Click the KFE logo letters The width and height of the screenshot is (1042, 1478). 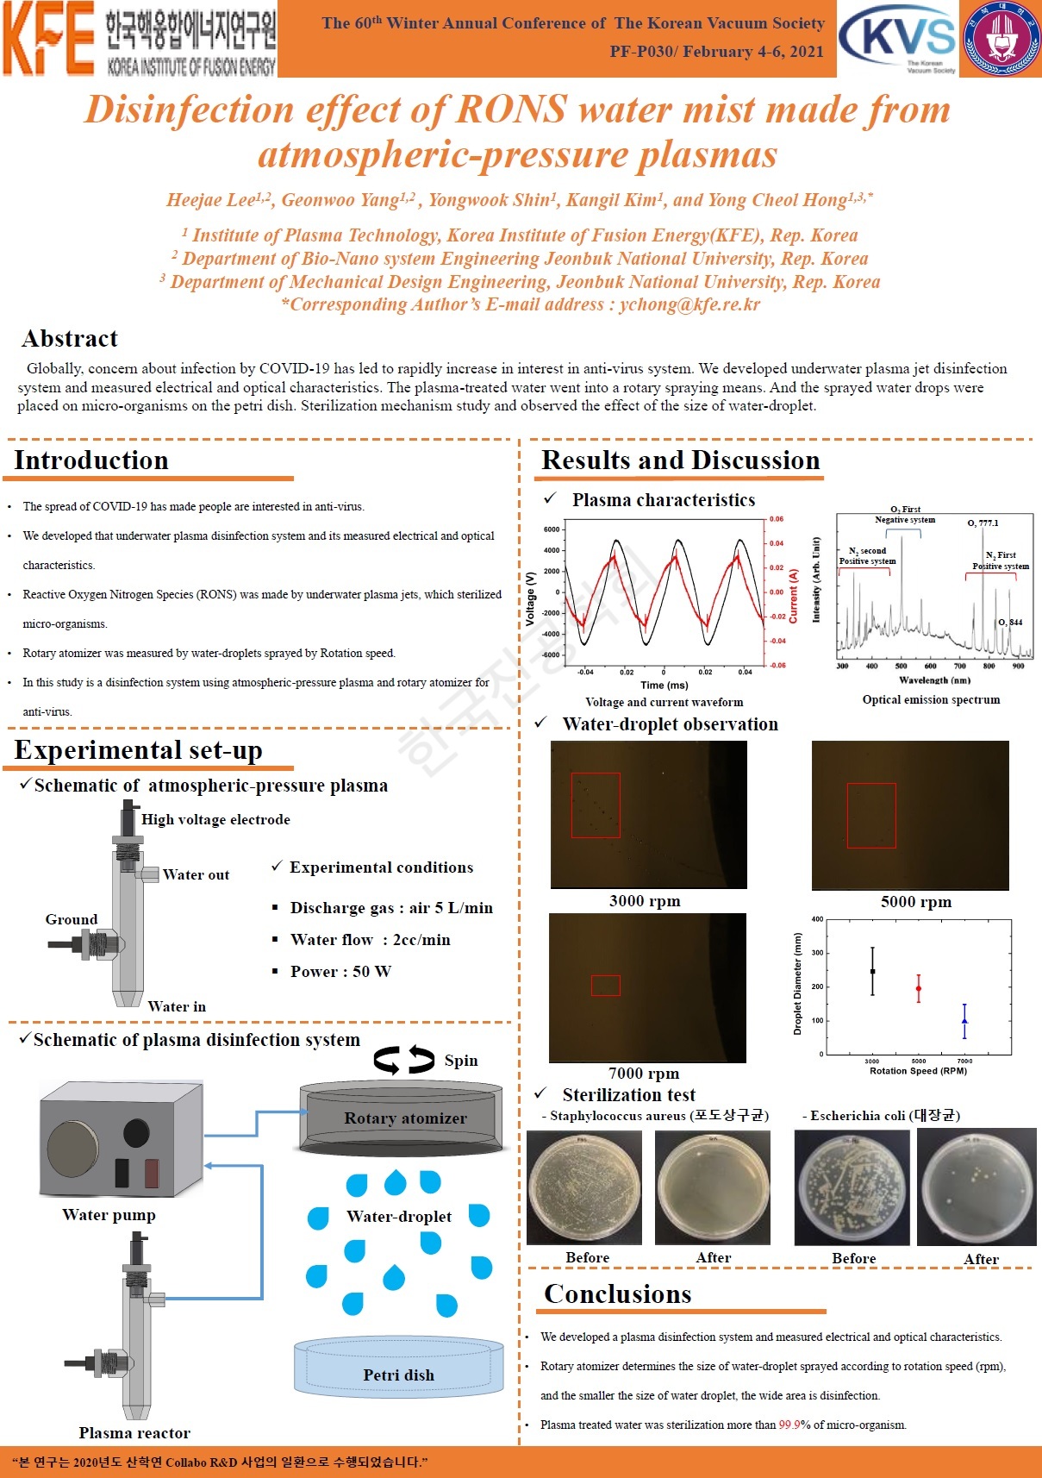48,40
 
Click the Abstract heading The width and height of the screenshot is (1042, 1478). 70,339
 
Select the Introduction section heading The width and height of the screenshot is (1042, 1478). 91,460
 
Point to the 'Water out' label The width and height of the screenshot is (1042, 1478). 196,875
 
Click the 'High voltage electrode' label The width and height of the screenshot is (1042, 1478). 215,820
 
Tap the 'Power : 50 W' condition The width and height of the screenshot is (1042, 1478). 340,972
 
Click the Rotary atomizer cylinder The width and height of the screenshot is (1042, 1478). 402,1118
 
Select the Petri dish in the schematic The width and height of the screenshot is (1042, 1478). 398,1368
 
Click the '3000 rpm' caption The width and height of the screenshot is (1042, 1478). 645,901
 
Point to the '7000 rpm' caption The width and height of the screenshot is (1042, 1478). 644,1074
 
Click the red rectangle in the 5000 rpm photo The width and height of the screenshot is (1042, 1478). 871,816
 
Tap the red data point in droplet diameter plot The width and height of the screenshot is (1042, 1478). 919,988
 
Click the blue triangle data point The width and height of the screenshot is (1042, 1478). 964,1021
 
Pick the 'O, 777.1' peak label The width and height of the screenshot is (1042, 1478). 983,523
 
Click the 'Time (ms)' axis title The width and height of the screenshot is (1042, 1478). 665,686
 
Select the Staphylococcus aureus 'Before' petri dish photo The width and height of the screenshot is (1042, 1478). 584,1187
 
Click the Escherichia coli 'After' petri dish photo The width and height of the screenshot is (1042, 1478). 976,1187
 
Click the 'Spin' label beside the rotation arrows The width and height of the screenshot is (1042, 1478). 461,1062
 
